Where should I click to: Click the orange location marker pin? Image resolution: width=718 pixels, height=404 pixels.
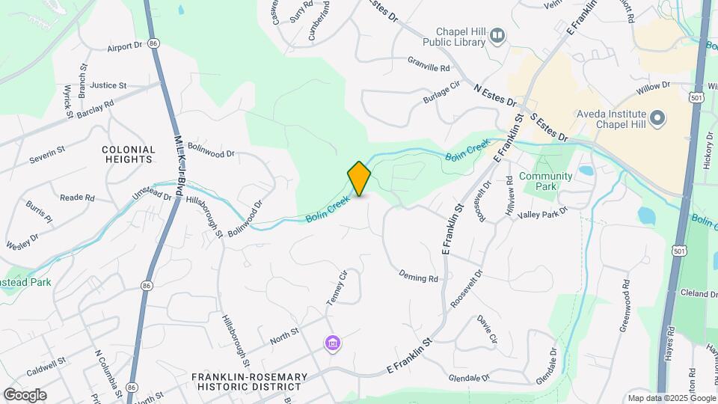coord(359,178)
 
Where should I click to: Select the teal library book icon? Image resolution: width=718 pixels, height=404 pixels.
coord(497,35)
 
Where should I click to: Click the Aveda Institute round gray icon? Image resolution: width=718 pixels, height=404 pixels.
coord(657,118)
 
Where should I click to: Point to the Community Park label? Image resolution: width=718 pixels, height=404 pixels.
coord(545,181)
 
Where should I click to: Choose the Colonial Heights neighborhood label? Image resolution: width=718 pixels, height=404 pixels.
coord(129,154)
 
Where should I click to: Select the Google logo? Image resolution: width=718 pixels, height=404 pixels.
coord(25,395)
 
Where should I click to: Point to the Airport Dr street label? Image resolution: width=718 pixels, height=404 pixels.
coord(124,46)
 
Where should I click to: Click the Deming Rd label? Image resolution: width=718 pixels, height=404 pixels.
coord(418,277)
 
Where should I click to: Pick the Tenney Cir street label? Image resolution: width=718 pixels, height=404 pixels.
coord(337,289)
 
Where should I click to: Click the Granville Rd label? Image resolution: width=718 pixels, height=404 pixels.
coord(429,67)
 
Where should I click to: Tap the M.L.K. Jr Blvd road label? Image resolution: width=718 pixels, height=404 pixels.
coord(179,164)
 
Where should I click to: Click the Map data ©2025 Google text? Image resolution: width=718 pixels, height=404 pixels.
coord(671,398)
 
